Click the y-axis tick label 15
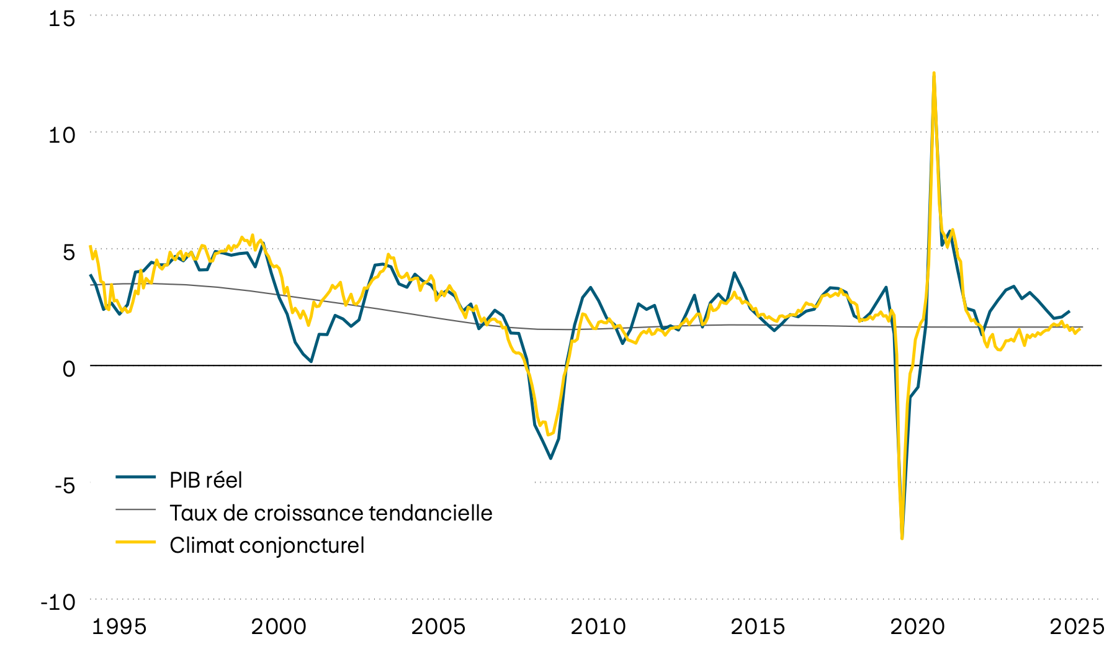click(x=61, y=19)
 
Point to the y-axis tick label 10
click(x=61, y=135)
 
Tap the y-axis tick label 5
click(x=68, y=251)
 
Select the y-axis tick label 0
click(x=68, y=368)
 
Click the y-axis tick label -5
click(x=65, y=485)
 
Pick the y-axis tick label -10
click(x=58, y=602)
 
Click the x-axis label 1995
click(x=119, y=627)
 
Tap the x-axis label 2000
click(x=279, y=627)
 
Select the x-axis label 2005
click(x=438, y=627)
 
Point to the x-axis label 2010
click(x=598, y=627)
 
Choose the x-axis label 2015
click(x=758, y=627)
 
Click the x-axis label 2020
click(x=917, y=627)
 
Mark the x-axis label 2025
click(x=1077, y=627)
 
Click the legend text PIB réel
click(x=205, y=480)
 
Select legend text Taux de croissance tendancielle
click(x=331, y=513)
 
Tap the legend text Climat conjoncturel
click(x=267, y=545)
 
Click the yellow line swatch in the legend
click(x=135, y=542)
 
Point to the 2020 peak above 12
click(x=934, y=73)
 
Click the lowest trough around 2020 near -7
click(x=902, y=538)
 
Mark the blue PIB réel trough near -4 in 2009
click(x=550, y=458)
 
